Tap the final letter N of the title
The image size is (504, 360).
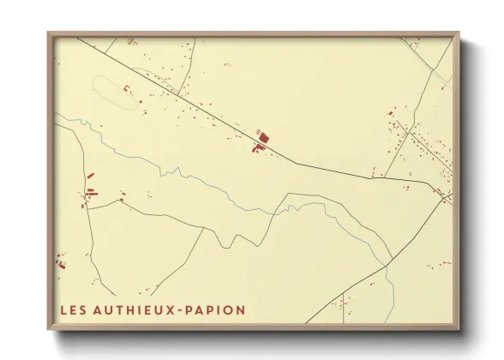241,309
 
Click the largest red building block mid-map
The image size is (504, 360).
263,135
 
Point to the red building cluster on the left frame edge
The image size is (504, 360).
59,261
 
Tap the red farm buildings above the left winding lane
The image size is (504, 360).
90,193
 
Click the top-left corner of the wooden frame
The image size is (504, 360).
49,33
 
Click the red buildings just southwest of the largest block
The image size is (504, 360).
255,148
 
